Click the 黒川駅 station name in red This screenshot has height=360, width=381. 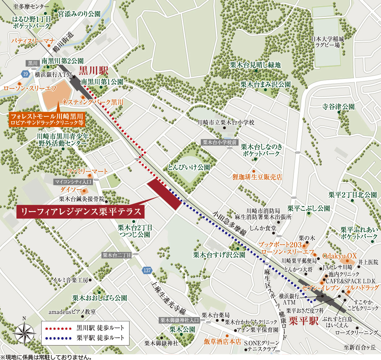point(93,71)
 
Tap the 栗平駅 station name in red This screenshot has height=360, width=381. point(303,321)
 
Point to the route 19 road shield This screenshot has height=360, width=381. point(25,74)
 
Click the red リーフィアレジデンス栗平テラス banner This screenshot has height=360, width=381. point(80,212)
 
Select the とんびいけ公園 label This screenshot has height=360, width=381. point(189,167)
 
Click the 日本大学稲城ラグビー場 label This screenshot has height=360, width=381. point(328,42)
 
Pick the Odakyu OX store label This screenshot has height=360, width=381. point(340,256)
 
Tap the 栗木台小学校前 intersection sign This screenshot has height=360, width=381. point(220,142)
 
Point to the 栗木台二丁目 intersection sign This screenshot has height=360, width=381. point(117,255)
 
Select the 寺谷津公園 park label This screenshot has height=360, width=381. point(338,107)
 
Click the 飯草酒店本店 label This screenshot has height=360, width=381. point(222,341)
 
